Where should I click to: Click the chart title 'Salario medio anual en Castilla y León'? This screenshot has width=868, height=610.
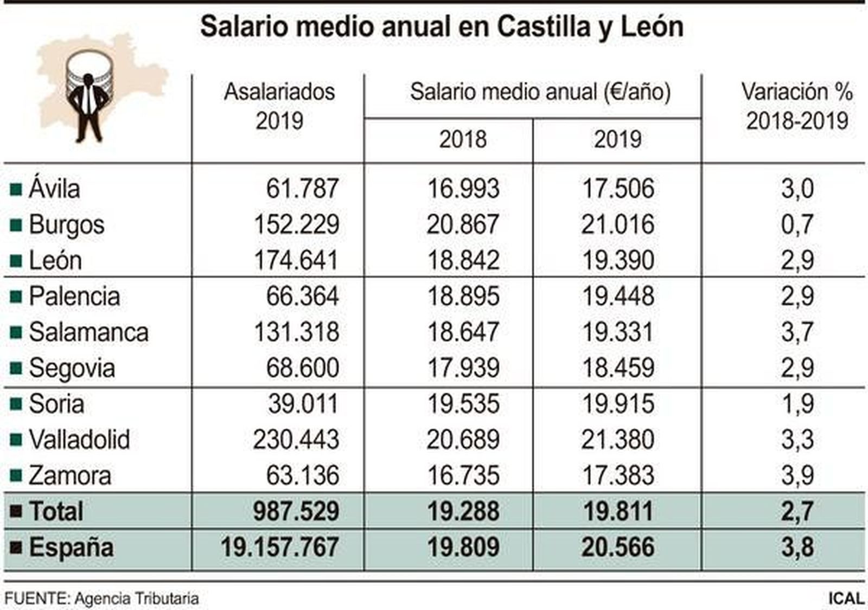pyautogui.click(x=441, y=27)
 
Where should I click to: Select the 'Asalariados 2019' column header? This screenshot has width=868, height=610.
pyautogui.click(x=279, y=106)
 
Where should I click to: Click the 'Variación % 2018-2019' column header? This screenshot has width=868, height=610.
pyautogui.click(x=796, y=106)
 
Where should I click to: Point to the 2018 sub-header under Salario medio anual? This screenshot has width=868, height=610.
pyautogui.click(x=462, y=140)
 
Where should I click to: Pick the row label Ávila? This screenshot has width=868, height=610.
pyautogui.click(x=54, y=189)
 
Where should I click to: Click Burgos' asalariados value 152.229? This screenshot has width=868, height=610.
pyautogui.click(x=296, y=224)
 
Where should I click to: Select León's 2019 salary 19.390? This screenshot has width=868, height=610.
pyautogui.click(x=618, y=260)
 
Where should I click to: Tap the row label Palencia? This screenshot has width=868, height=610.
pyautogui.click(x=74, y=297)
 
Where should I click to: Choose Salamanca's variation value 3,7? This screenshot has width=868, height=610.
pyautogui.click(x=797, y=332)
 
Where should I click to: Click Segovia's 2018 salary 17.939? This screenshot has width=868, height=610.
pyautogui.click(x=463, y=368)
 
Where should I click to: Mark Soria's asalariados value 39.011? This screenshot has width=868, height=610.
pyautogui.click(x=302, y=404)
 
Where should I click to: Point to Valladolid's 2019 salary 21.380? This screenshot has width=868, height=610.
pyautogui.click(x=618, y=440)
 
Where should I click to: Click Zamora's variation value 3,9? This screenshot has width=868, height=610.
pyautogui.click(x=797, y=476)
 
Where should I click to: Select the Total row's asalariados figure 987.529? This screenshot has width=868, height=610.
pyautogui.click(x=296, y=511)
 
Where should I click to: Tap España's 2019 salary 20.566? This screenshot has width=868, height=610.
pyautogui.click(x=618, y=547)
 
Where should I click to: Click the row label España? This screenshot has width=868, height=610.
pyautogui.click(x=71, y=547)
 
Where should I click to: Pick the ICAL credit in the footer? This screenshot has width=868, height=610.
pyautogui.click(x=846, y=599)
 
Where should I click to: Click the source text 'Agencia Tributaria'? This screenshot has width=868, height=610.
pyautogui.click(x=137, y=599)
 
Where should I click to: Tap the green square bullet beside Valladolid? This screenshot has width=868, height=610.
pyautogui.click(x=16, y=439)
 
